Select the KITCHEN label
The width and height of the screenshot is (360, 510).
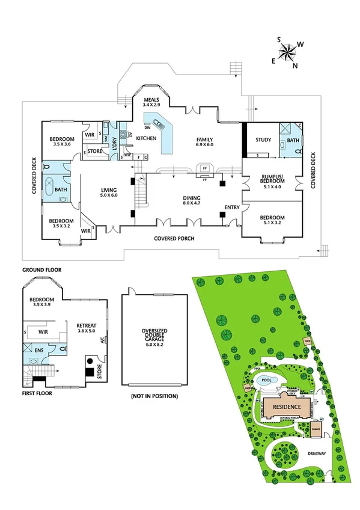tap(146, 138)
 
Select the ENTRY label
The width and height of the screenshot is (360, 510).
tap(231, 207)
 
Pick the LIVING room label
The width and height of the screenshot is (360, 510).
tap(109, 192)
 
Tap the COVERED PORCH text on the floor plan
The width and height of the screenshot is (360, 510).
tap(174, 239)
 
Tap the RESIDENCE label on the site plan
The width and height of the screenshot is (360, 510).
tap(287, 407)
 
